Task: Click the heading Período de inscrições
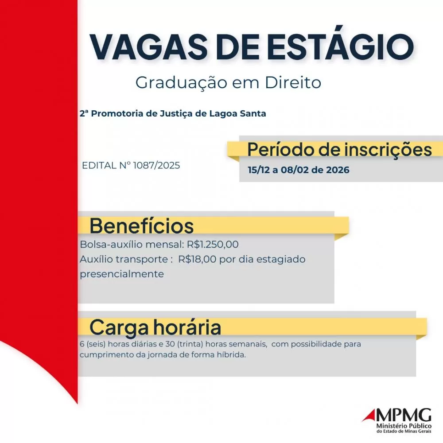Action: tap(339, 149)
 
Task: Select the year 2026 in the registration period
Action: tap(336, 170)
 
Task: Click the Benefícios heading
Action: tap(142, 225)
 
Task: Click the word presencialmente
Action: tap(122, 274)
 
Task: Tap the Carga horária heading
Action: tap(155, 327)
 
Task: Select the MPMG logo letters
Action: tap(403, 415)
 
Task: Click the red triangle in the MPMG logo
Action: tap(369, 416)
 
